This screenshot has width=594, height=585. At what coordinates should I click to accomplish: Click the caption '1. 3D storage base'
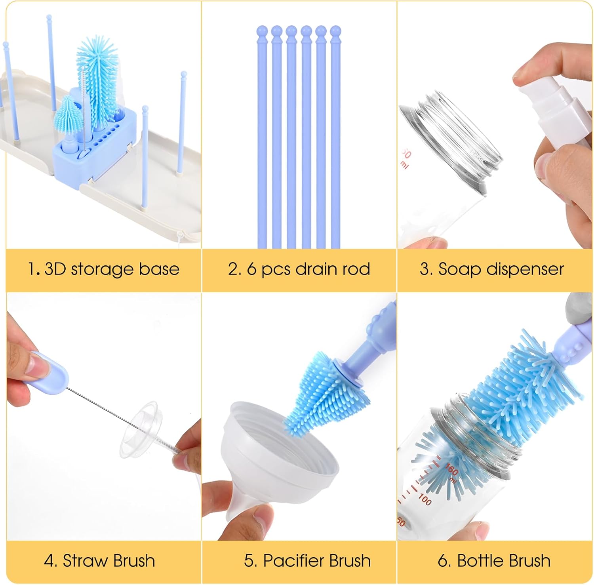coord(104,269)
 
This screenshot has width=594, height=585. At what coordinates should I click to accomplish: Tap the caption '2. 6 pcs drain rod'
coord(299,269)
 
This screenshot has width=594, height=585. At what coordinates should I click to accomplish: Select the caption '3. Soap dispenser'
coord(492,269)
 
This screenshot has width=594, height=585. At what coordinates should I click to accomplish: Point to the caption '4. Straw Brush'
coord(99,561)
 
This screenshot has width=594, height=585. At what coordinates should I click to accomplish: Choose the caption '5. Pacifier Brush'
coord(307,561)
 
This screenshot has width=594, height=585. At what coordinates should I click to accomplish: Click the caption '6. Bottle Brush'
coord(494,561)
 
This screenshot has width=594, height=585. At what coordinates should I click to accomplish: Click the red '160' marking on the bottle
coord(452,471)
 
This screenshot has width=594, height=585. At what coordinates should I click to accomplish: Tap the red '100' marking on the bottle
coord(424,499)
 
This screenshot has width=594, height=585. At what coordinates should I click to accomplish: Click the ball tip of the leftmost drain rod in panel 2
coord(262,31)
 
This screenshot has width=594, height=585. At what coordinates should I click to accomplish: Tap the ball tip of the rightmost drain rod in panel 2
coord(335,31)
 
